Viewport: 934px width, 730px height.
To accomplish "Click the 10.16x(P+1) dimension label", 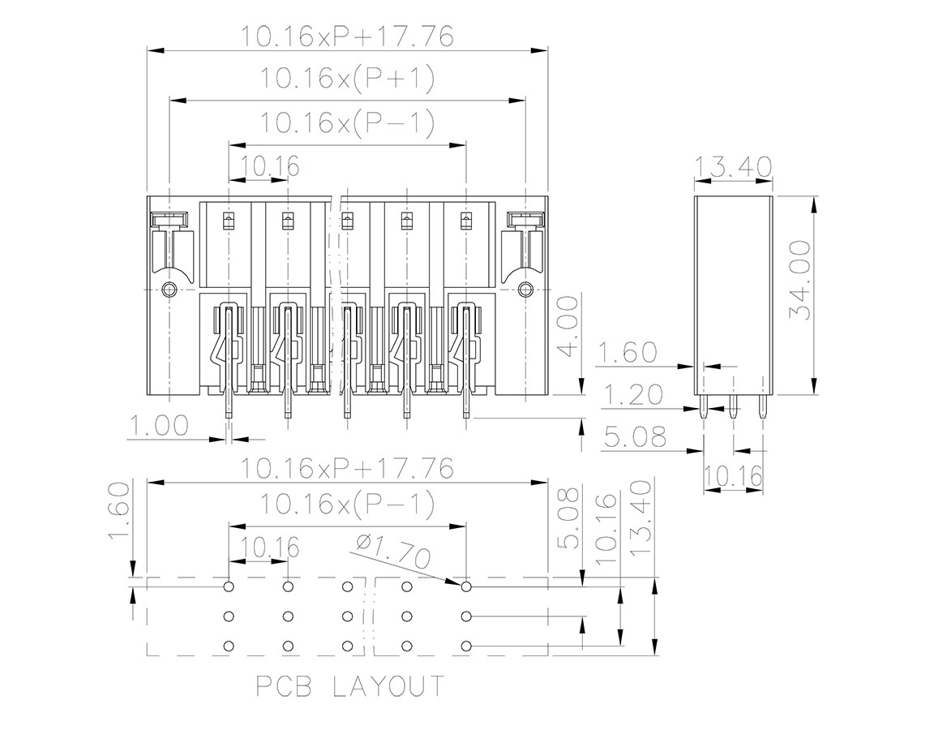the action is point(347,79).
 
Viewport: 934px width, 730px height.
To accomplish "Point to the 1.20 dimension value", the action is point(632,394).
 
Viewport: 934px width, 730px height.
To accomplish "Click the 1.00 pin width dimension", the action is point(158,425).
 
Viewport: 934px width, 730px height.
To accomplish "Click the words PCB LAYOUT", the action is point(350,686).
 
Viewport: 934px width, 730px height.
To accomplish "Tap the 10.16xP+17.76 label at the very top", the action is point(346,36).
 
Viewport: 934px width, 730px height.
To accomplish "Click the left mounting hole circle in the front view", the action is point(169,290).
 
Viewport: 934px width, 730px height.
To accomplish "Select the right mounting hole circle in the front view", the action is point(525,290).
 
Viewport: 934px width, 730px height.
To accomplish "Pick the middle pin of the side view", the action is point(733,406).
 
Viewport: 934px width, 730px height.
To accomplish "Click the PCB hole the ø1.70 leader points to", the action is point(466,587).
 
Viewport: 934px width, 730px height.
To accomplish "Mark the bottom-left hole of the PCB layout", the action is point(228,646).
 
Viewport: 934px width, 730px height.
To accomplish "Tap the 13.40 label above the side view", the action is point(733,167).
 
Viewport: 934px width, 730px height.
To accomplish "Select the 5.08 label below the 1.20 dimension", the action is point(635,437).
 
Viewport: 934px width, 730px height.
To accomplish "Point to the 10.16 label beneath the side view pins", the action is point(733,476).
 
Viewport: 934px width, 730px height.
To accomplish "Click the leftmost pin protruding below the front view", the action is point(228,406).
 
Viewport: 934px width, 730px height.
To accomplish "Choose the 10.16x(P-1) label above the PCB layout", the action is point(347,505).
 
